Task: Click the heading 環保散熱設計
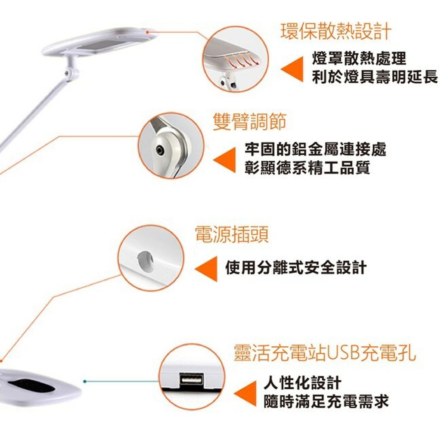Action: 336,31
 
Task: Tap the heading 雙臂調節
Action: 250,122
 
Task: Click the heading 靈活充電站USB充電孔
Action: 325,353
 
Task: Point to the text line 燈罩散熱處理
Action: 359,59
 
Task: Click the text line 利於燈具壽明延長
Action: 375,77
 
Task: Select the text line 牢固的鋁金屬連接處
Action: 315,149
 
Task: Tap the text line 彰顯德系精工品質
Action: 307,168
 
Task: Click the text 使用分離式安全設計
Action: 296,267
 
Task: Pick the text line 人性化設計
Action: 303,382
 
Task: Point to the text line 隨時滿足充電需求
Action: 326,401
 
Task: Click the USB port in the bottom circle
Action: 192,379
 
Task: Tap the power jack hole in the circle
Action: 146,261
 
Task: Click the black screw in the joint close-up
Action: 160,150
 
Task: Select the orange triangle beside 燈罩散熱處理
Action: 292,69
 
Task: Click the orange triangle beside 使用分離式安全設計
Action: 206,269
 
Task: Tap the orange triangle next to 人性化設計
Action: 245,394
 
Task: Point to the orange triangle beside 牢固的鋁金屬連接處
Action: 225,160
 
